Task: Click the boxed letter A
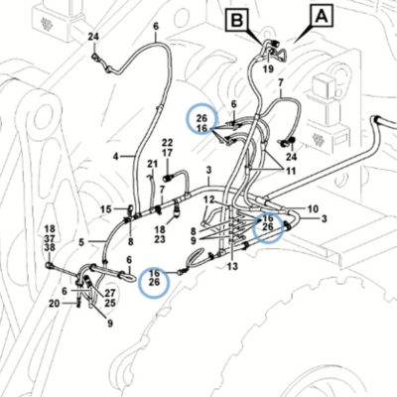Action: pyautogui.click(x=322, y=16)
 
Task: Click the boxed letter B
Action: pyautogui.click(x=236, y=21)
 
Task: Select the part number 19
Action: pyautogui.click(x=269, y=68)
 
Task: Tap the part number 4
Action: pyautogui.click(x=115, y=156)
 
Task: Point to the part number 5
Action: pyautogui.click(x=81, y=242)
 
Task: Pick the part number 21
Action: pyautogui.click(x=153, y=164)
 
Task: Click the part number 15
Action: pyautogui.click(x=106, y=209)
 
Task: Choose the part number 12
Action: pyautogui.click(x=209, y=199)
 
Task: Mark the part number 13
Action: pyautogui.click(x=233, y=266)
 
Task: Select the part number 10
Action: pyautogui.click(x=313, y=209)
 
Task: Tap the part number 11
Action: pyautogui.click(x=291, y=171)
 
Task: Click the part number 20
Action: pyautogui.click(x=55, y=303)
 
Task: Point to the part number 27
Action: pyautogui.click(x=110, y=293)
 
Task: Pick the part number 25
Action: pyautogui.click(x=110, y=303)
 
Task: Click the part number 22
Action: pyautogui.click(x=167, y=143)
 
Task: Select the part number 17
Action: pyautogui.click(x=167, y=153)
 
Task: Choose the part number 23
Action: pyautogui.click(x=160, y=239)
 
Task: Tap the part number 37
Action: pyautogui.click(x=50, y=238)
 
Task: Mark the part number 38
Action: pyautogui.click(x=50, y=247)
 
